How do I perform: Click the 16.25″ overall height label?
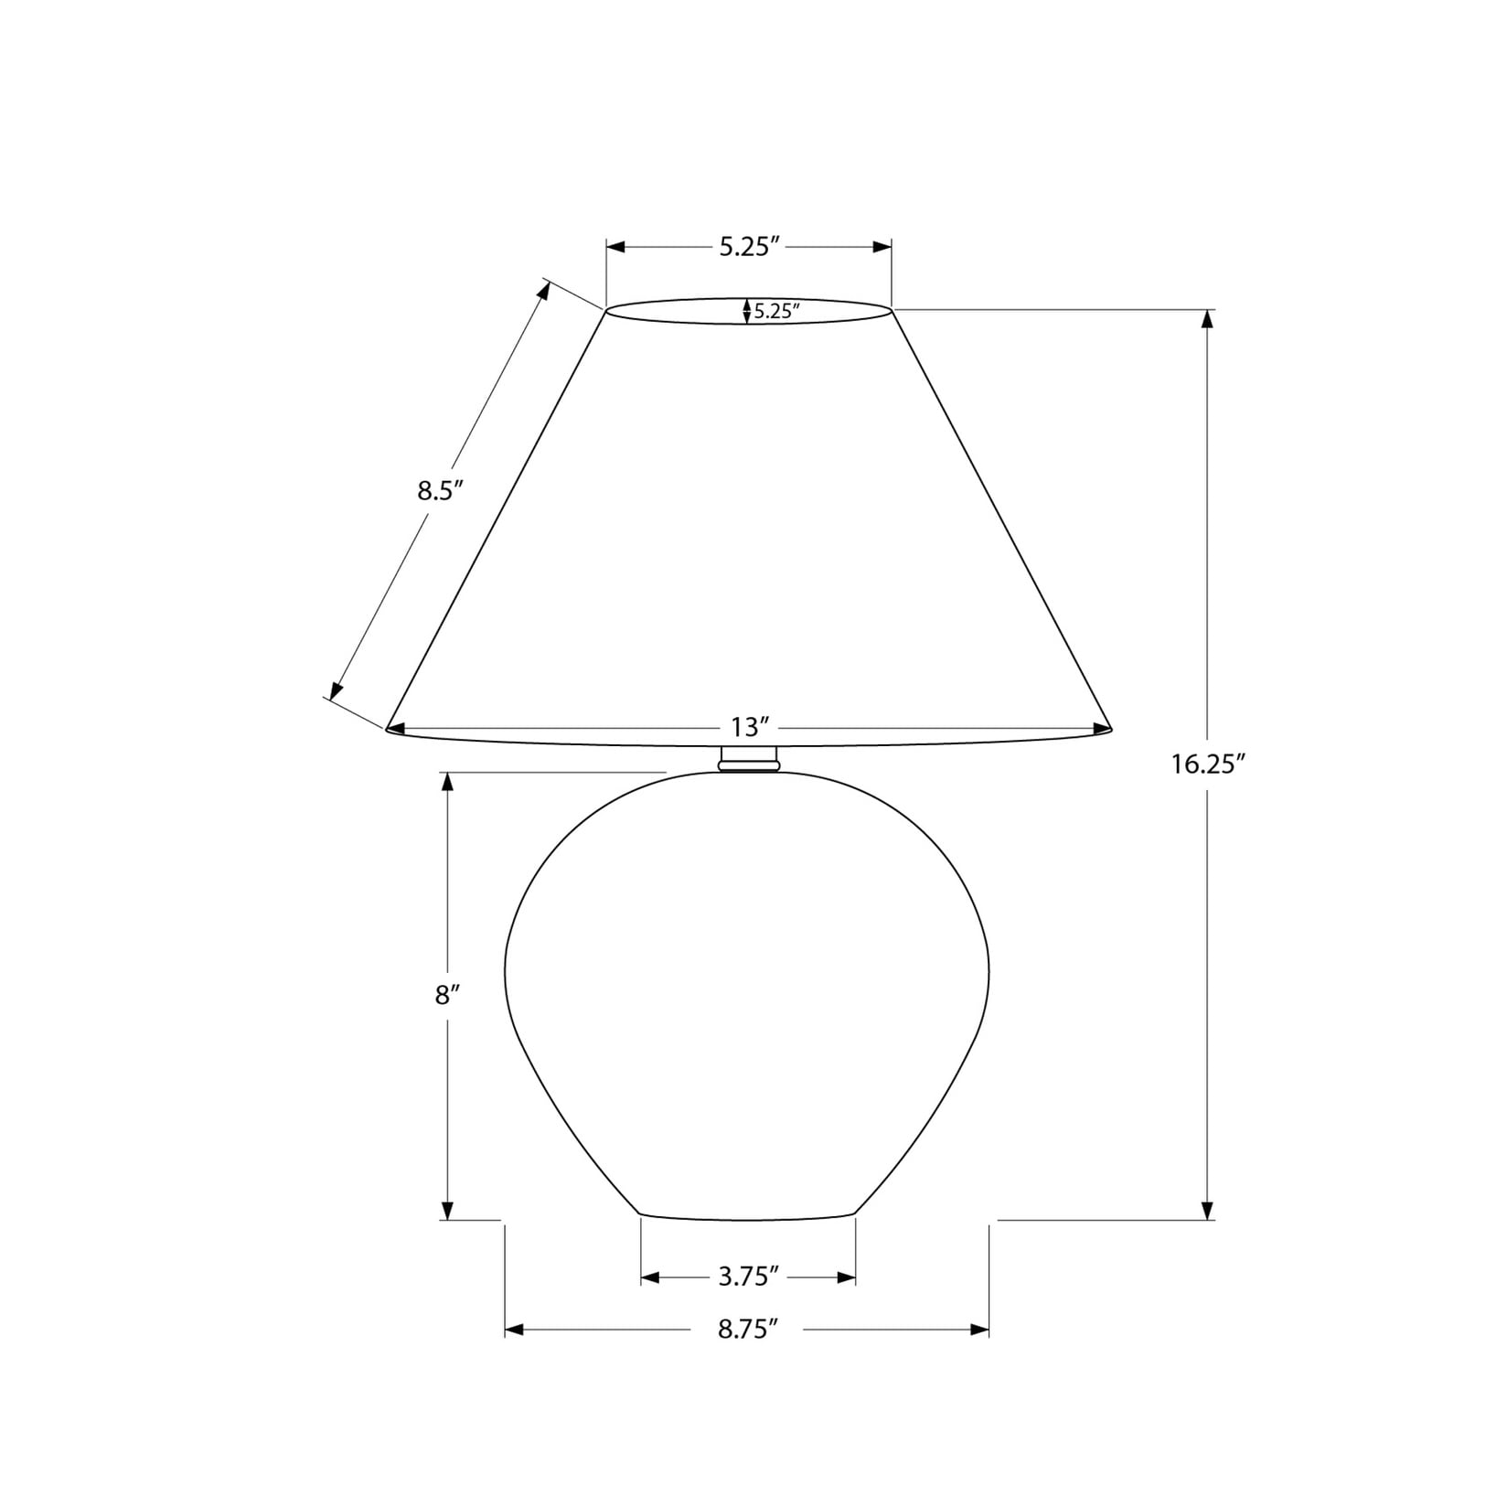coord(1209,764)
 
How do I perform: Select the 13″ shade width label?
coord(748,727)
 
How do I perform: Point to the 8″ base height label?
coord(446,995)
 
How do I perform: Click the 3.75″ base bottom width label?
coord(748,1277)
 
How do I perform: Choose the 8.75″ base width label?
coord(748,1329)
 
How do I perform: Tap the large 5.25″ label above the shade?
coord(749,247)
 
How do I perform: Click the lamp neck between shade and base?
coord(749,758)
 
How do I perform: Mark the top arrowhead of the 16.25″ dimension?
coord(1207,319)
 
